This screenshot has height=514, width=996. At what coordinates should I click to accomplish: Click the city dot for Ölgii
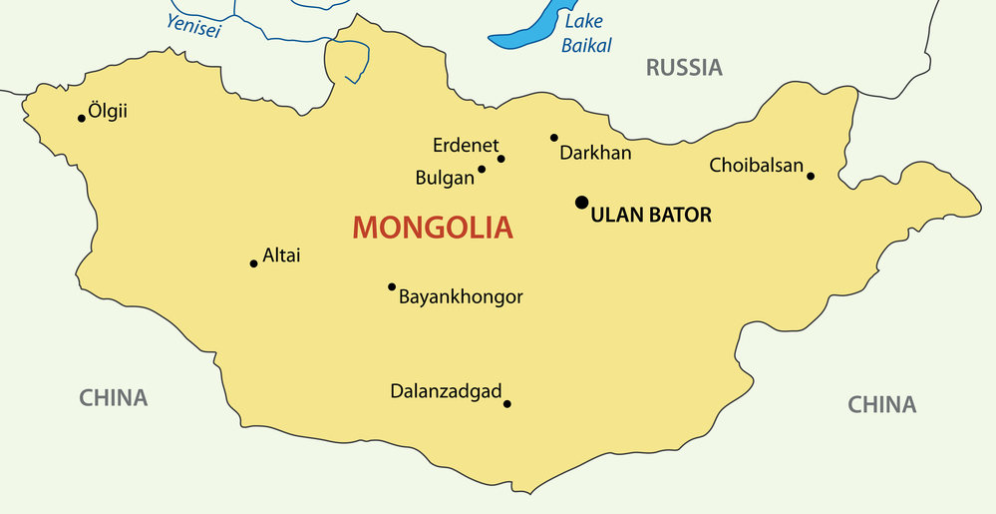[x=82, y=118]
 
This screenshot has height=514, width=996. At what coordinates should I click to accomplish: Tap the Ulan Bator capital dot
[x=581, y=203]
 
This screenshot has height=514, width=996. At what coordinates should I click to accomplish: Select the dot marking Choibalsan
[x=811, y=176]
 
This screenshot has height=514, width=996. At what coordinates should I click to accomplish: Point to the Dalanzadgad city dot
[x=507, y=404]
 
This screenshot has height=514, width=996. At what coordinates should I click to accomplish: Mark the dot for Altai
[x=253, y=263]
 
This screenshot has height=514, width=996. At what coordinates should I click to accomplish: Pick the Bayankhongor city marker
[x=392, y=286]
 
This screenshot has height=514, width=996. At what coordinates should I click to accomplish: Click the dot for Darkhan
[x=554, y=138]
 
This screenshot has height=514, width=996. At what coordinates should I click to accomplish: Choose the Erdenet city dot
[x=501, y=159]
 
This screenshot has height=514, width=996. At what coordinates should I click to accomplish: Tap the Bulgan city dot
[x=482, y=169]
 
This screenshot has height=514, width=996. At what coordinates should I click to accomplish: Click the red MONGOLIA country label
[x=433, y=228]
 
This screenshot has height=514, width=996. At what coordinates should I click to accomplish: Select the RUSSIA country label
[x=684, y=68]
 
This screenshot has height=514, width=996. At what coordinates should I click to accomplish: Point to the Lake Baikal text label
[x=585, y=33]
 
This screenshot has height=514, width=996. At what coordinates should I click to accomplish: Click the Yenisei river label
[x=193, y=26]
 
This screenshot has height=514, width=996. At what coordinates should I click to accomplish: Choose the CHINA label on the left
[x=114, y=398]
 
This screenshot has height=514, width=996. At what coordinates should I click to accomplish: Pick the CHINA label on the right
[x=881, y=404]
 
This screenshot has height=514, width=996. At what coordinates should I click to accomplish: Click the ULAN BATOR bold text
[x=651, y=215]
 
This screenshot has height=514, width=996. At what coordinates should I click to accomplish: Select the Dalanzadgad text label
[x=446, y=391]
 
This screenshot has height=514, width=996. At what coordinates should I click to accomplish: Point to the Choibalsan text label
[x=756, y=166]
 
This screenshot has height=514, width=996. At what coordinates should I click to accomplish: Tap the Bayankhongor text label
[x=461, y=296]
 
